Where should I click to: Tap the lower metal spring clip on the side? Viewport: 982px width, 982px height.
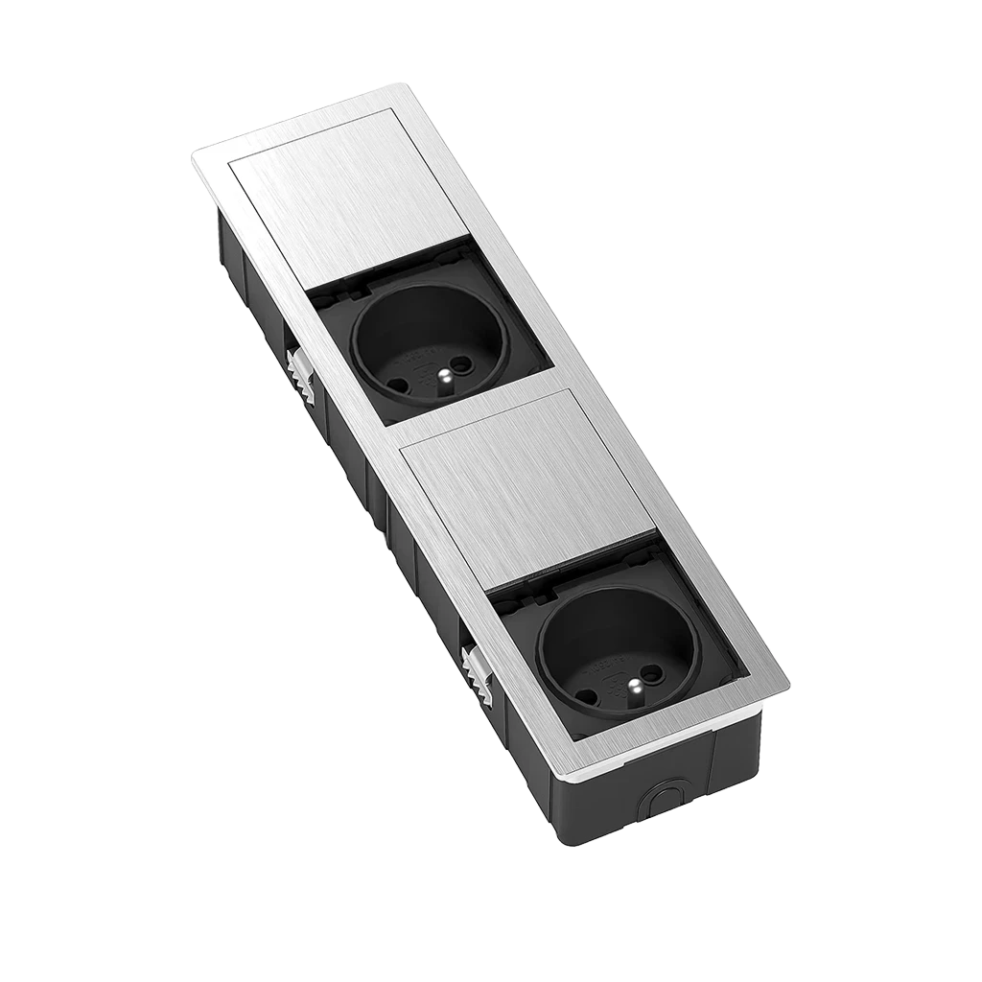pyautogui.click(x=477, y=669)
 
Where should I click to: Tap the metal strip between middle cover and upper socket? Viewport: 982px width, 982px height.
pyautogui.click(x=479, y=399)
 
